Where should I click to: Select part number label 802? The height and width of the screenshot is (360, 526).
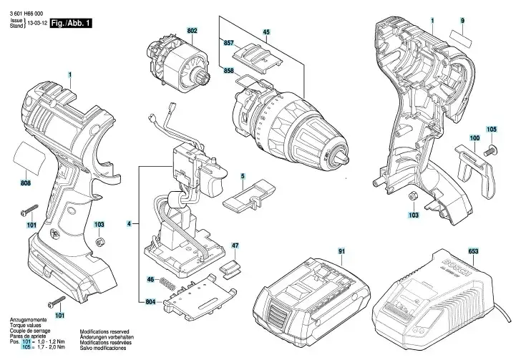(193, 31)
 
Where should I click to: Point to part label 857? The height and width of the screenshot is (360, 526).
(228, 44)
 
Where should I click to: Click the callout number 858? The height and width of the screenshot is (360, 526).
(228, 72)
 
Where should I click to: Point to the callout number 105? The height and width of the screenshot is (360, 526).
(491, 129)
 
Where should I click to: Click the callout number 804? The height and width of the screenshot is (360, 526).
(150, 302)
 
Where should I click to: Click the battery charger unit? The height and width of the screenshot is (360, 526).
(441, 294)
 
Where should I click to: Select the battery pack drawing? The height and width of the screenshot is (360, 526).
(315, 296)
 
